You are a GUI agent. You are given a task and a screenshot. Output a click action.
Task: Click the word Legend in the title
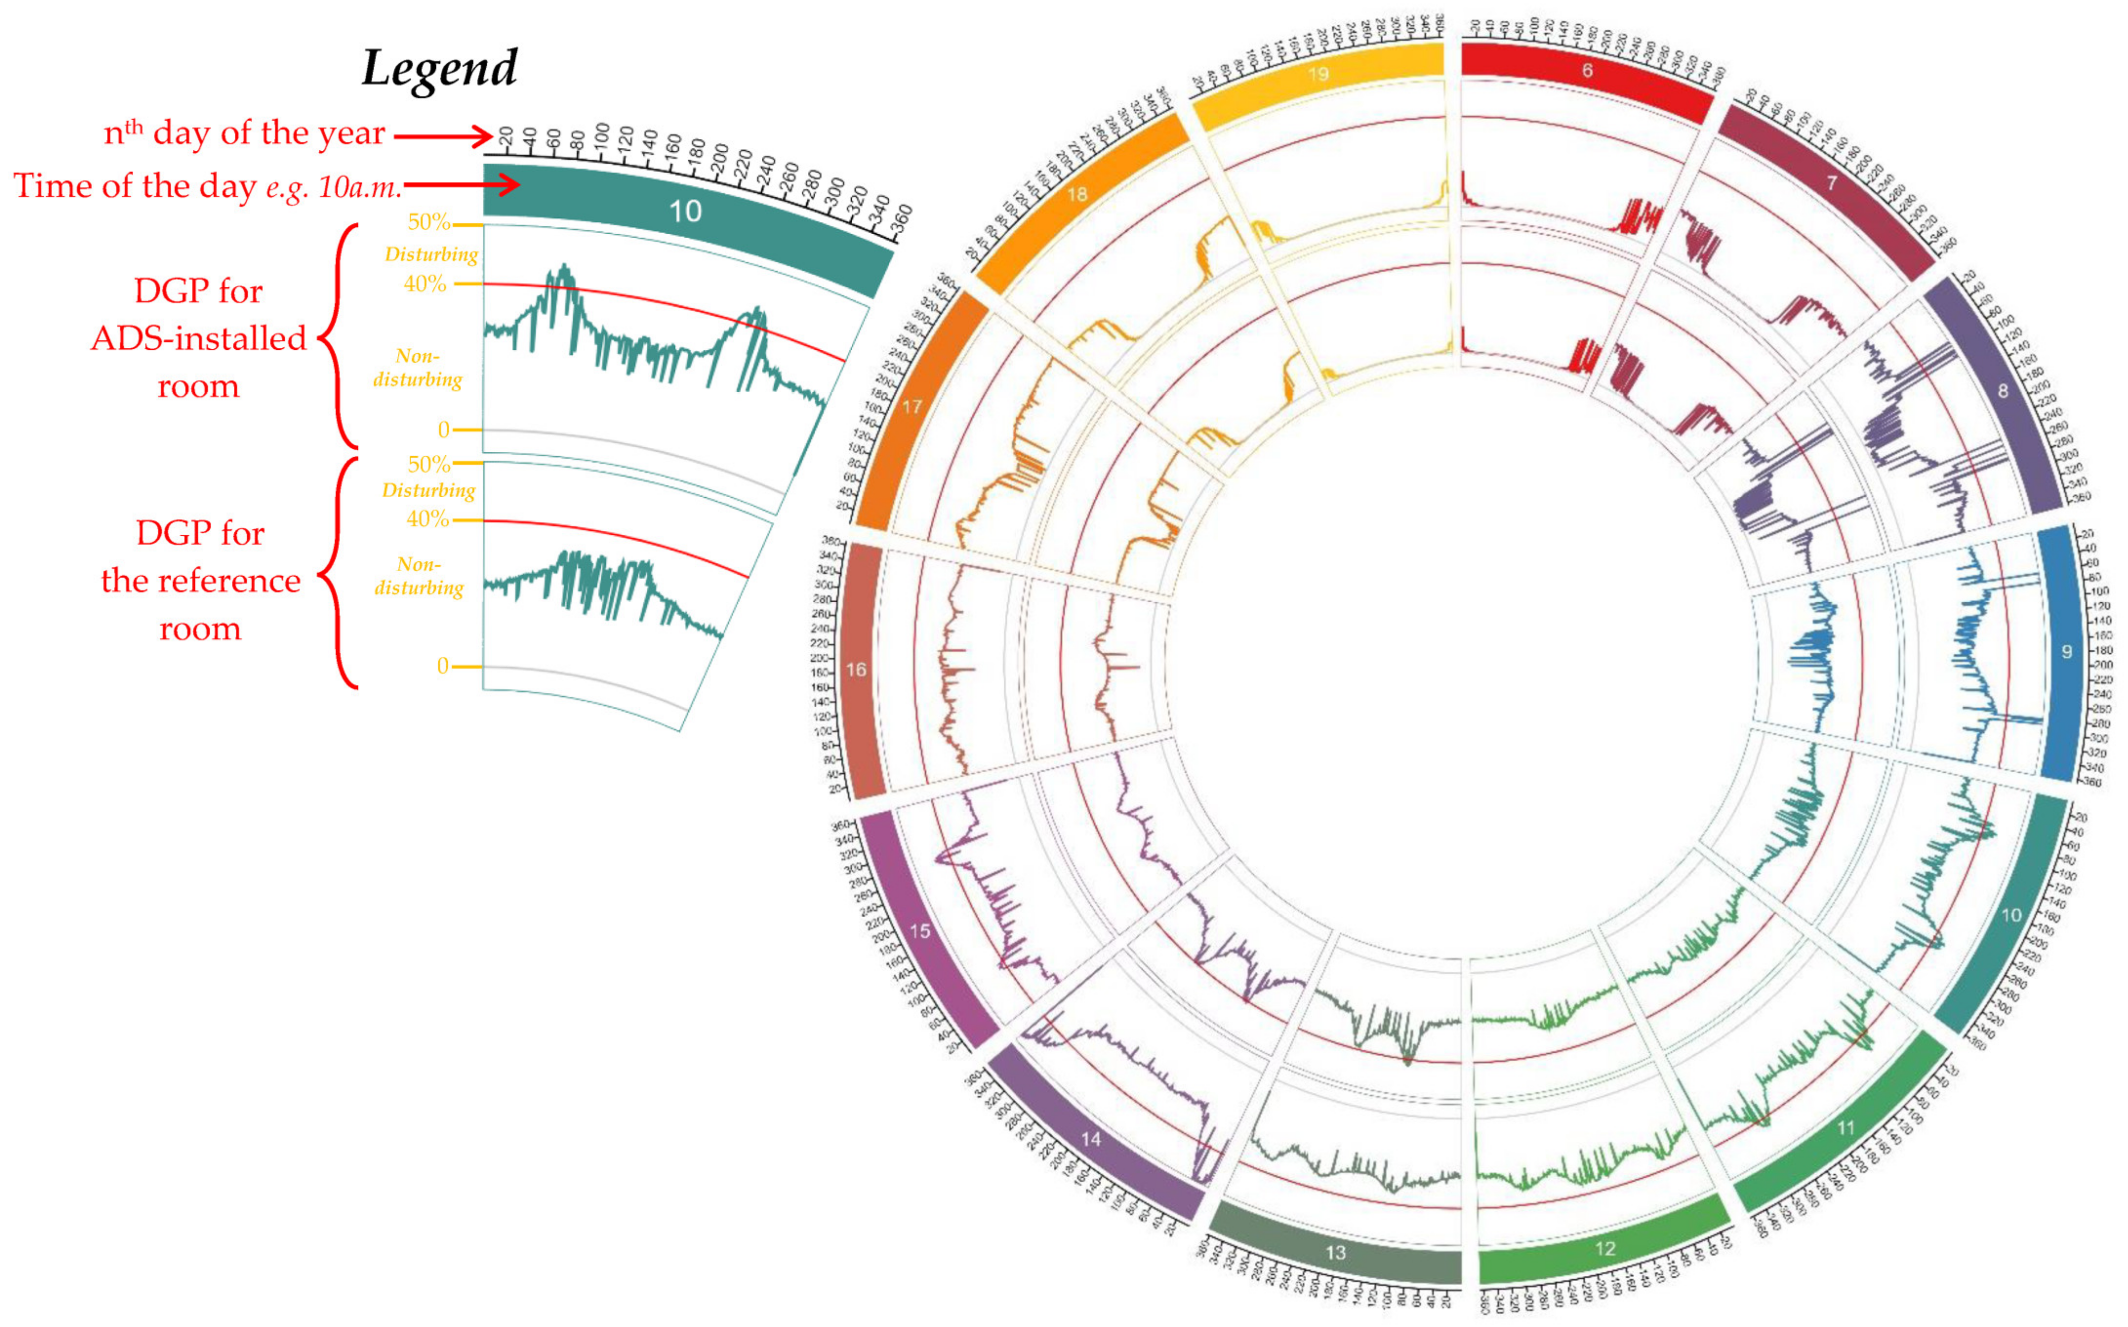coord(440,68)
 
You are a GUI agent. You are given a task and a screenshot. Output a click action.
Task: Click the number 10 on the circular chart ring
coord(2010,915)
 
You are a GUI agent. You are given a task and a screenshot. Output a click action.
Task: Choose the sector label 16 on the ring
coord(855,670)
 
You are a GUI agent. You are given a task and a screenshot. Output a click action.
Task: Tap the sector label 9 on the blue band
coord(2066,651)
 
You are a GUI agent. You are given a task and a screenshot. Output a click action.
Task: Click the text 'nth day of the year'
coord(244,133)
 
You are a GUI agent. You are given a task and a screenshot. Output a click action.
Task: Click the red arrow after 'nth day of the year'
coord(443,136)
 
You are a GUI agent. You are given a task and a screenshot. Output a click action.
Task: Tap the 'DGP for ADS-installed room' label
coord(199,338)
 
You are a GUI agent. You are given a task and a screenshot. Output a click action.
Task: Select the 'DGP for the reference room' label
coord(200,580)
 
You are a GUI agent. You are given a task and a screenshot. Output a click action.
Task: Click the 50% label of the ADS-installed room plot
coord(429,222)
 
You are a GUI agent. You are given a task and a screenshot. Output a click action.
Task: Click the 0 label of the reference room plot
coord(443,666)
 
